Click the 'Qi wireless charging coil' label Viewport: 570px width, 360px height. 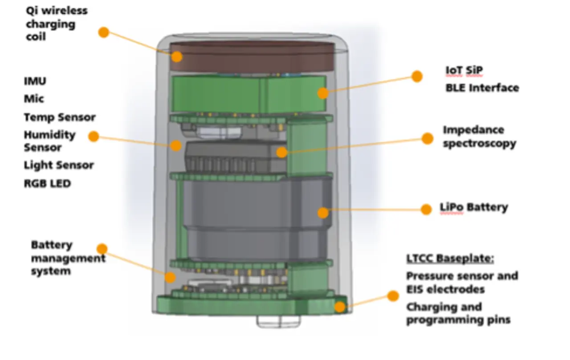tap(57, 24)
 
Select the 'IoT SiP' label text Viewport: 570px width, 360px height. tap(464, 70)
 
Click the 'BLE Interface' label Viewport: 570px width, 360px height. tap(482, 88)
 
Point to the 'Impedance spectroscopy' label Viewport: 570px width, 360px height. tap(480, 137)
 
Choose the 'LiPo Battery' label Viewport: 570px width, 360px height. tap(474, 207)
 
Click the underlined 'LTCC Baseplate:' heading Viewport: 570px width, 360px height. tap(450, 259)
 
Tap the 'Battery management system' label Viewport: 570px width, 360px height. tap(68, 258)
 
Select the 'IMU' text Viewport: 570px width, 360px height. tap(35, 81)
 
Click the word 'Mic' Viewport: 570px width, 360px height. tap(34, 99)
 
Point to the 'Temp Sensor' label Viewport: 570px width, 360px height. tap(60, 117)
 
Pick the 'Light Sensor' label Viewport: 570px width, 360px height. tap(59, 165)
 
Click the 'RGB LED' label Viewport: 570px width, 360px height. tap(47, 183)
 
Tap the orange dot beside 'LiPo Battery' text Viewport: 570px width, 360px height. tap(426, 210)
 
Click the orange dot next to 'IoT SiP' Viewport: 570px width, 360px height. tap(417, 76)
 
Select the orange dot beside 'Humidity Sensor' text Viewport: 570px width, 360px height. tap(94, 137)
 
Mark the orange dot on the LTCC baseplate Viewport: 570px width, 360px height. tap(340, 307)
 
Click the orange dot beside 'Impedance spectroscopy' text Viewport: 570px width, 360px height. tap(427, 138)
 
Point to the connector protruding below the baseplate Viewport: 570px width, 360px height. tap(278, 321)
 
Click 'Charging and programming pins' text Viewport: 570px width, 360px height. tap(458, 313)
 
